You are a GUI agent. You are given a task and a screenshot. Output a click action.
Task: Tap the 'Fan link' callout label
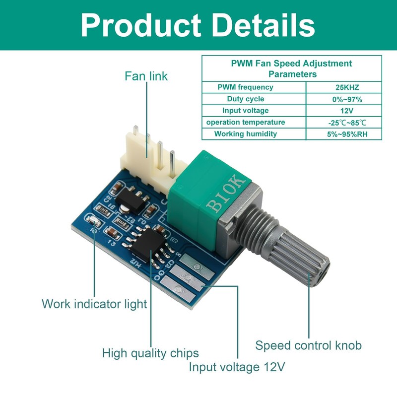click(x=146, y=76)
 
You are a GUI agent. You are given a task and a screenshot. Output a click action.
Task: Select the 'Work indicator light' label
click(x=94, y=304)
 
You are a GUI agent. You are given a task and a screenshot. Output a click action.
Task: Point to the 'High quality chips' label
click(x=150, y=353)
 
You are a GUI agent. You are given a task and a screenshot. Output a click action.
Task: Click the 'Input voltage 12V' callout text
click(x=237, y=368)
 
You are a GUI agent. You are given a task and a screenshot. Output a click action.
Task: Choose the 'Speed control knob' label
click(x=308, y=345)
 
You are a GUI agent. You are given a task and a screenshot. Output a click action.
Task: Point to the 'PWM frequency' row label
click(x=245, y=87)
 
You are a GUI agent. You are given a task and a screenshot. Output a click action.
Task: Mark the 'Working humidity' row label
click(x=246, y=134)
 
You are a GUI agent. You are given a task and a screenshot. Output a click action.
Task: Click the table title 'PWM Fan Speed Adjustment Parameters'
click(x=292, y=68)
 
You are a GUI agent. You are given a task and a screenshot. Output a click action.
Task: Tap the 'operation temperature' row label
click(x=246, y=123)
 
